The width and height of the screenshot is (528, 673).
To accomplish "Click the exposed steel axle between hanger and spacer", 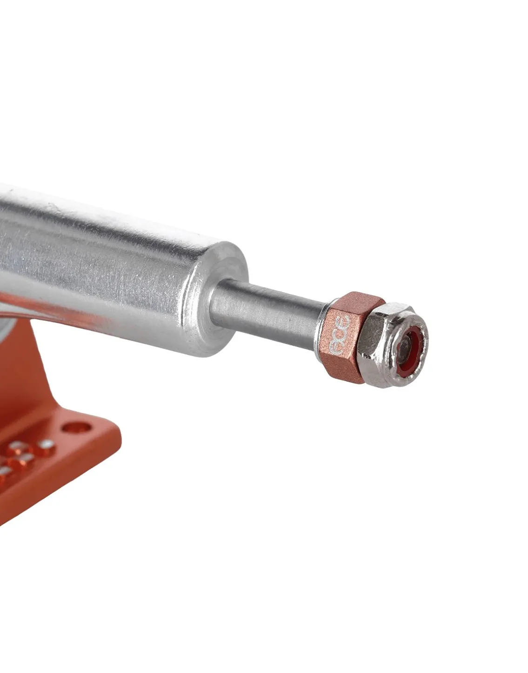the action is click(x=267, y=313).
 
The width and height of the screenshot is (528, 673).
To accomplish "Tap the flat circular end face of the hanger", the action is click(x=217, y=297).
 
